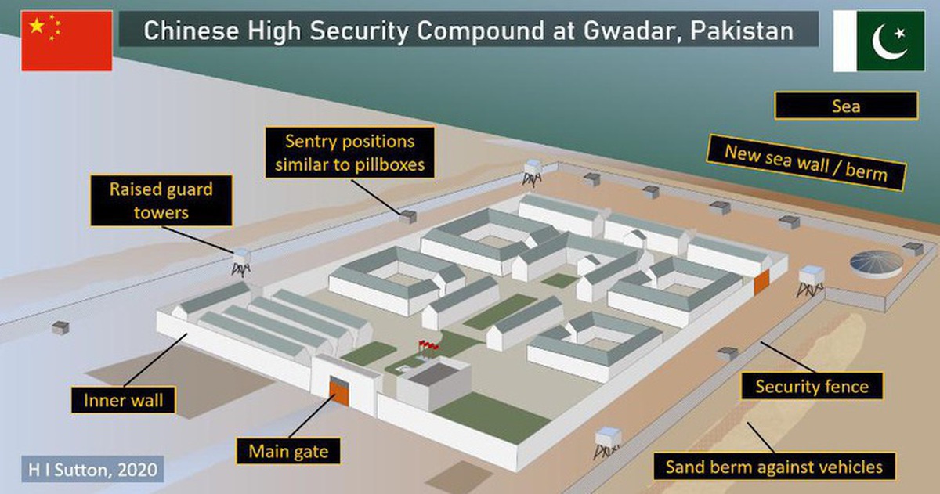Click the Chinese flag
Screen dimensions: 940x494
[x=67, y=41]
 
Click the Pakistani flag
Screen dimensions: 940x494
[x=879, y=41]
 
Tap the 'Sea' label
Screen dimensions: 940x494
[x=846, y=106]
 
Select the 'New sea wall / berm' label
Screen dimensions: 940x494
[x=806, y=163]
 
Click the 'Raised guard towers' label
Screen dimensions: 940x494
[x=161, y=201]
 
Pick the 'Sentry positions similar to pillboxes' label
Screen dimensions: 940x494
[x=350, y=153]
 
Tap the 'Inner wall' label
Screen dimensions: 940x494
[x=124, y=400]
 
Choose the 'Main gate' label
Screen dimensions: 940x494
[x=288, y=451]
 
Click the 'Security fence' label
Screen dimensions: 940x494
[x=812, y=386]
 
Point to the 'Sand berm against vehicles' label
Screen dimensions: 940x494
[x=774, y=467]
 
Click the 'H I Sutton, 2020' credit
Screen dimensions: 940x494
[x=92, y=469]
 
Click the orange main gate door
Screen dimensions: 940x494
[x=339, y=393]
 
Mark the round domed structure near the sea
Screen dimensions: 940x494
[x=877, y=264]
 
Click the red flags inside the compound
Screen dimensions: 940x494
[x=428, y=345]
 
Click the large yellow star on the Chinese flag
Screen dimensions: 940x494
[x=37, y=26]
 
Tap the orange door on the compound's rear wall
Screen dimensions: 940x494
[x=761, y=282]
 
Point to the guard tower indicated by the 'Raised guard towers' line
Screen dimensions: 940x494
[x=241, y=262]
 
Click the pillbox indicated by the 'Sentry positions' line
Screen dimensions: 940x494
[x=407, y=217]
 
